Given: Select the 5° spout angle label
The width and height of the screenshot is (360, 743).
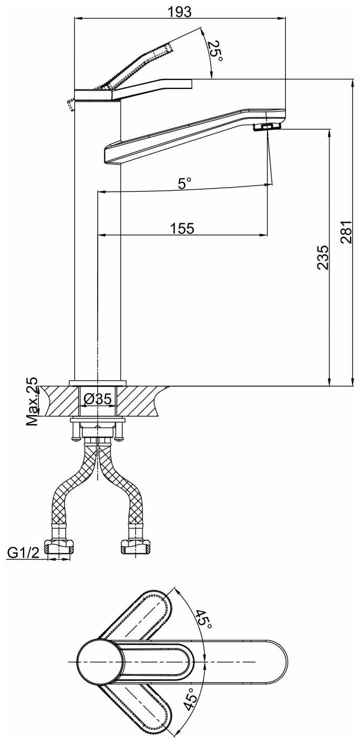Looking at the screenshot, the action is [x=184, y=183].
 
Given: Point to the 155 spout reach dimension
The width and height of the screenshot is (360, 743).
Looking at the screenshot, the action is [x=182, y=228].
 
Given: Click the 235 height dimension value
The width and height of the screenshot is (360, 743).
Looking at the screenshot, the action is [x=322, y=257].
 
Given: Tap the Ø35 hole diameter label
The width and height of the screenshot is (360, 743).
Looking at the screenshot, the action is [x=98, y=399].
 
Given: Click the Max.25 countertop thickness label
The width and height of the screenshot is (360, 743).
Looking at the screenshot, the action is [x=33, y=401].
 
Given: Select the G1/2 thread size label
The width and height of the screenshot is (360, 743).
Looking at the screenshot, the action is [x=24, y=553].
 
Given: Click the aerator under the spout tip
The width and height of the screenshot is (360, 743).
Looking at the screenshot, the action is [x=267, y=127].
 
